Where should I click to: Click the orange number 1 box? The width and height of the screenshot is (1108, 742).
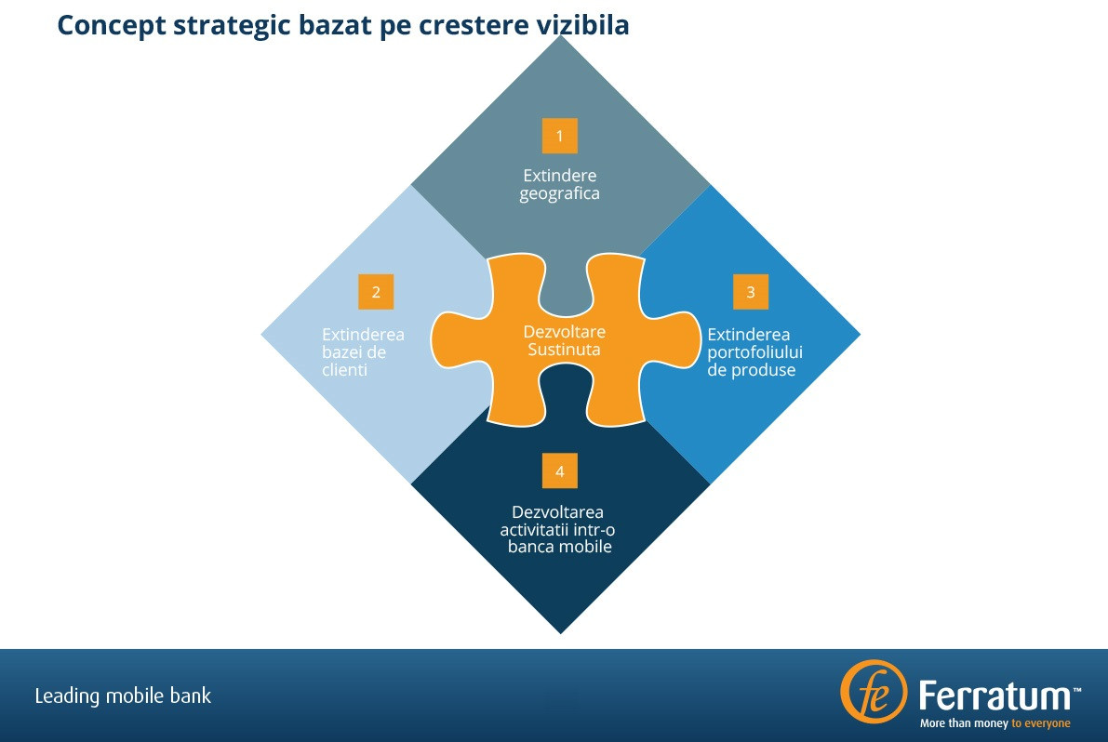click(x=559, y=136)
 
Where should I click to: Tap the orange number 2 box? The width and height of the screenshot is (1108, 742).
click(x=376, y=292)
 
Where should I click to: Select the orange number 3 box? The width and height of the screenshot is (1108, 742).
click(x=751, y=292)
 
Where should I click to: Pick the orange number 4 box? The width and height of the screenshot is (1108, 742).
click(x=559, y=471)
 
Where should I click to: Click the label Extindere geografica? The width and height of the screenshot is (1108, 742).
click(x=559, y=185)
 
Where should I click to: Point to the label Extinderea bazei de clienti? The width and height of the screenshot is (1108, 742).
click(x=363, y=352)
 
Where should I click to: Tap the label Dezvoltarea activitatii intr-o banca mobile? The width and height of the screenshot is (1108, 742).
click(x=559, y=529)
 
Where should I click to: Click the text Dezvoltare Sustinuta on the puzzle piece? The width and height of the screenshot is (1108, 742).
click(x=564, y=341)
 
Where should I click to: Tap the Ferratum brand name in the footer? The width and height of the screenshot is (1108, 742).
click(x=994, y=696)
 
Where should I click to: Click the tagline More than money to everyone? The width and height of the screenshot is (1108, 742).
click(x=995, y=723)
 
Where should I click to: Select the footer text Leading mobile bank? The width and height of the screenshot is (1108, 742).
click(x=123, y=696)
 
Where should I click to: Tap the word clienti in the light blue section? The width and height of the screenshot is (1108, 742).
click(x=345, y=370)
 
